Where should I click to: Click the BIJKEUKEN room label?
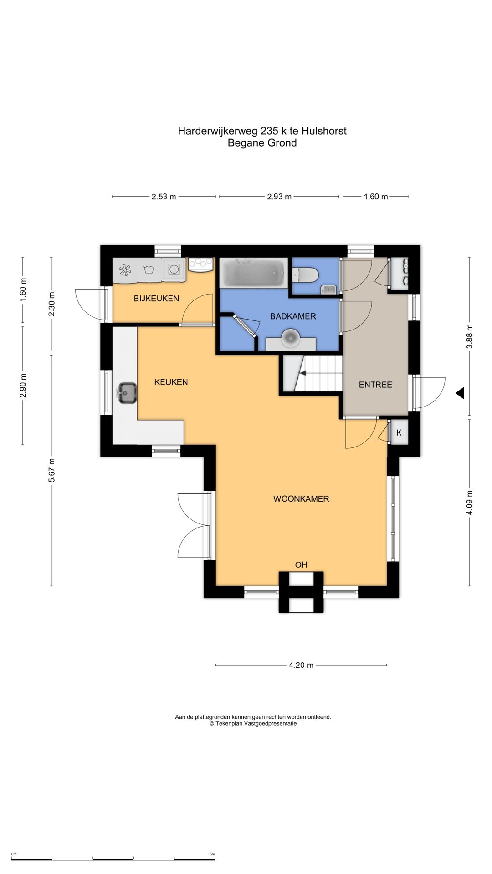click(x=156, y=299)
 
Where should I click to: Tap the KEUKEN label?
click(x=171, y=382)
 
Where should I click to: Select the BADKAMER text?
click(x=293, y=316)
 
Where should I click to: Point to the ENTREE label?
click(x=375, y=385)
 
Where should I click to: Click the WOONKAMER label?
click(x=301, y=499)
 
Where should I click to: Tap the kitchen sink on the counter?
click(x=127, y=393)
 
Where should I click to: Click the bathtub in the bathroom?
click(x=254, y=273)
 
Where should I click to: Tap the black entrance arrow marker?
click(x=460, y=393)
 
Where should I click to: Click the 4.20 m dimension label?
click(x=301, y=665)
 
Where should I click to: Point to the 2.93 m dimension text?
click(x=279, y=197)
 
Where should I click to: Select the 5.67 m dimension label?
click(x=51, y=470)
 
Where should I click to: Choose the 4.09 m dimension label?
click(x=470, y=503)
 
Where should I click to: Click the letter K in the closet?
click(x=399, y=433)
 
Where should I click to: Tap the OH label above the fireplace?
click(x=301, y=565)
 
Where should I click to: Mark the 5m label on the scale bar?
click(x=212, y=854)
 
